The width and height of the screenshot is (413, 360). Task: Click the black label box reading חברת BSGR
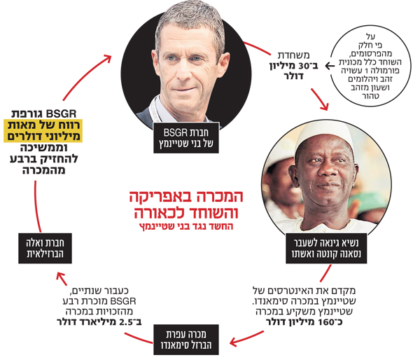coord(186,137)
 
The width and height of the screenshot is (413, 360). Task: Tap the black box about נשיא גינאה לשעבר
coord(326,248)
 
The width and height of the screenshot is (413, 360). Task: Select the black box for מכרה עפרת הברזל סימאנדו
coord(186,340)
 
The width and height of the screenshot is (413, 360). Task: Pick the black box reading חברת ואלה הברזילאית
coord(45,248)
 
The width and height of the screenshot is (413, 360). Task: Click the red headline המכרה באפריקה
coord(186,196)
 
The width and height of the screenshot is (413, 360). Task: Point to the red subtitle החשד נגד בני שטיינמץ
coord(186,226)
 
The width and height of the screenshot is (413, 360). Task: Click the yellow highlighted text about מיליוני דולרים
coord(43,131)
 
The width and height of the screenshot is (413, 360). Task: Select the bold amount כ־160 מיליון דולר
coord(304,322)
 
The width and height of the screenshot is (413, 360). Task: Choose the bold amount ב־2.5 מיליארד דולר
coord(99,322)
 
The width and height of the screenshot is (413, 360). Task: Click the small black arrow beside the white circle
coord(330,66)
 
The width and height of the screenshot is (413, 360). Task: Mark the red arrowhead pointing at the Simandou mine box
coord(234,342)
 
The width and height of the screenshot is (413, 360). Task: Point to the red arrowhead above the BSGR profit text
coord(108,59)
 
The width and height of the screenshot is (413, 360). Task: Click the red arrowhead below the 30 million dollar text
coord(325,106)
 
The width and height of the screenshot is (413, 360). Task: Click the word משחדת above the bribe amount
coord(294,55)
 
